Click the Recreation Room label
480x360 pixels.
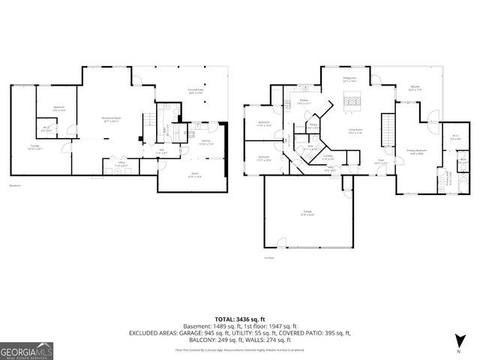tap(113, 119)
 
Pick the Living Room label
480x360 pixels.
tap(355, 131)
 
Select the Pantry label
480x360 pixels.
tap(313, 127)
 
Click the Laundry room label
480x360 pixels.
tap(327, 158)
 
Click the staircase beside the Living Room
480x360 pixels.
tap(388, 127)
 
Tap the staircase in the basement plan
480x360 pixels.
tap(154, 119)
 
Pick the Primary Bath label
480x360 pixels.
tap(449, 181)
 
